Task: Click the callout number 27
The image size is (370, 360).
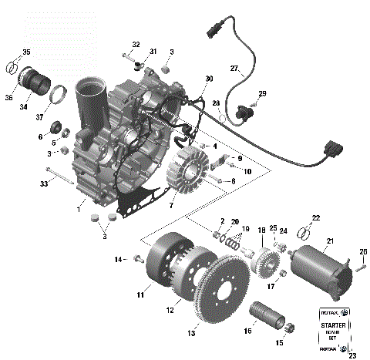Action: (234, 69)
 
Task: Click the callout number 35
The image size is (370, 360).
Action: (26, 52)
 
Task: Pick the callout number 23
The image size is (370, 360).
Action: (352, 355)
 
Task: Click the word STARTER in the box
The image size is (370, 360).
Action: (333, 325)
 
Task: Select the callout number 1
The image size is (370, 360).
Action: (79, 208)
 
